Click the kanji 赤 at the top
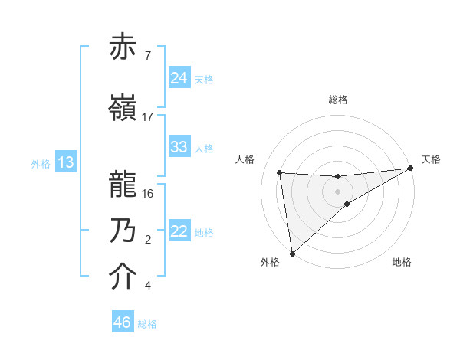123,47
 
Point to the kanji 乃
123,231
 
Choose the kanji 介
123,277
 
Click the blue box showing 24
179,78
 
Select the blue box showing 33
179,147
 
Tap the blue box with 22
179,232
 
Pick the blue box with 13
65,162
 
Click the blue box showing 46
122,322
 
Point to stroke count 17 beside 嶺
148,116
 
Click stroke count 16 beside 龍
148,193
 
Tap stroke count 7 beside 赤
147,55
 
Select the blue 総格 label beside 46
147,324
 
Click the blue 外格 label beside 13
41,163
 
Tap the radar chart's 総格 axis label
338,100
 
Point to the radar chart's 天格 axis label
431,159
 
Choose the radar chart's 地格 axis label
402,263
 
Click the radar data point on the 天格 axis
411,169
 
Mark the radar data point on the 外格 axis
292,253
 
